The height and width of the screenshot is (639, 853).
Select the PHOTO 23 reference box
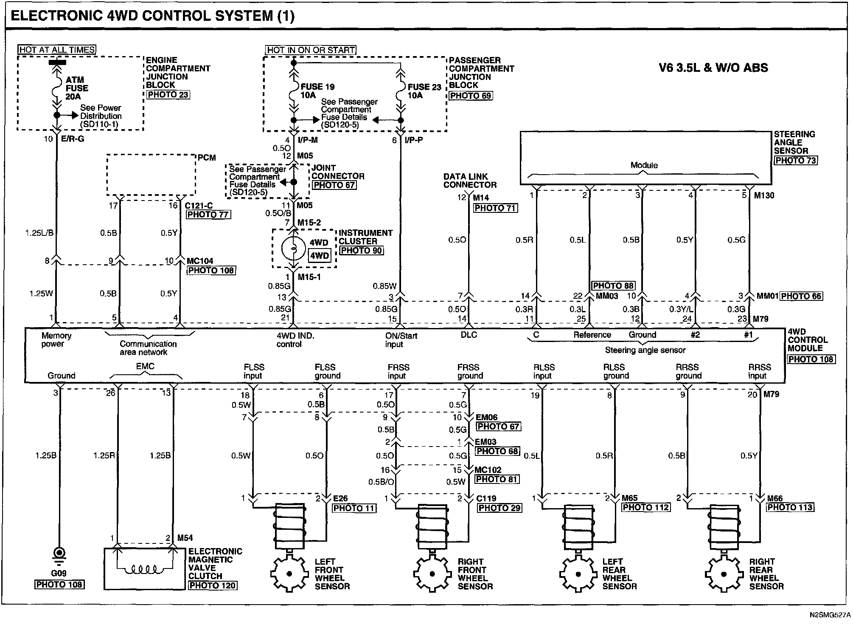[168, 95]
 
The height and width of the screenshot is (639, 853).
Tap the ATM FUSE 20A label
[77, 88]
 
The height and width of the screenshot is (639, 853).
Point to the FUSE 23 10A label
[424, 91]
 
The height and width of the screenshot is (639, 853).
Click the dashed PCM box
[151, 175]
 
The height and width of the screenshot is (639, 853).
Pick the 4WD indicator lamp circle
[293, 249]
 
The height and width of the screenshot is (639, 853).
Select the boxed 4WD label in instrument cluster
[320, 256]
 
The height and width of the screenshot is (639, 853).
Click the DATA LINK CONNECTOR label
[470, 181]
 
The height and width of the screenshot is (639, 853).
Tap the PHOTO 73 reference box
[796, 161]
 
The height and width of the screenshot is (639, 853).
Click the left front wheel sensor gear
[289, 574]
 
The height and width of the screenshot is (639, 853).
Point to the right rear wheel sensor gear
[724, 574]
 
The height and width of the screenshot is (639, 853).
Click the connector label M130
[764, 195]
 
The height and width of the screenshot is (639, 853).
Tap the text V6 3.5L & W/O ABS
[713, 68]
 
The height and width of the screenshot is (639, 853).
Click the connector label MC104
[200, 261]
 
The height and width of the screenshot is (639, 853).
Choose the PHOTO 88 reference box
[613, 286]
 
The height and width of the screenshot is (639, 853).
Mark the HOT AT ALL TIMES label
[57, 50]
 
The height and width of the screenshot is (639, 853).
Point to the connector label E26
[340, 498]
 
